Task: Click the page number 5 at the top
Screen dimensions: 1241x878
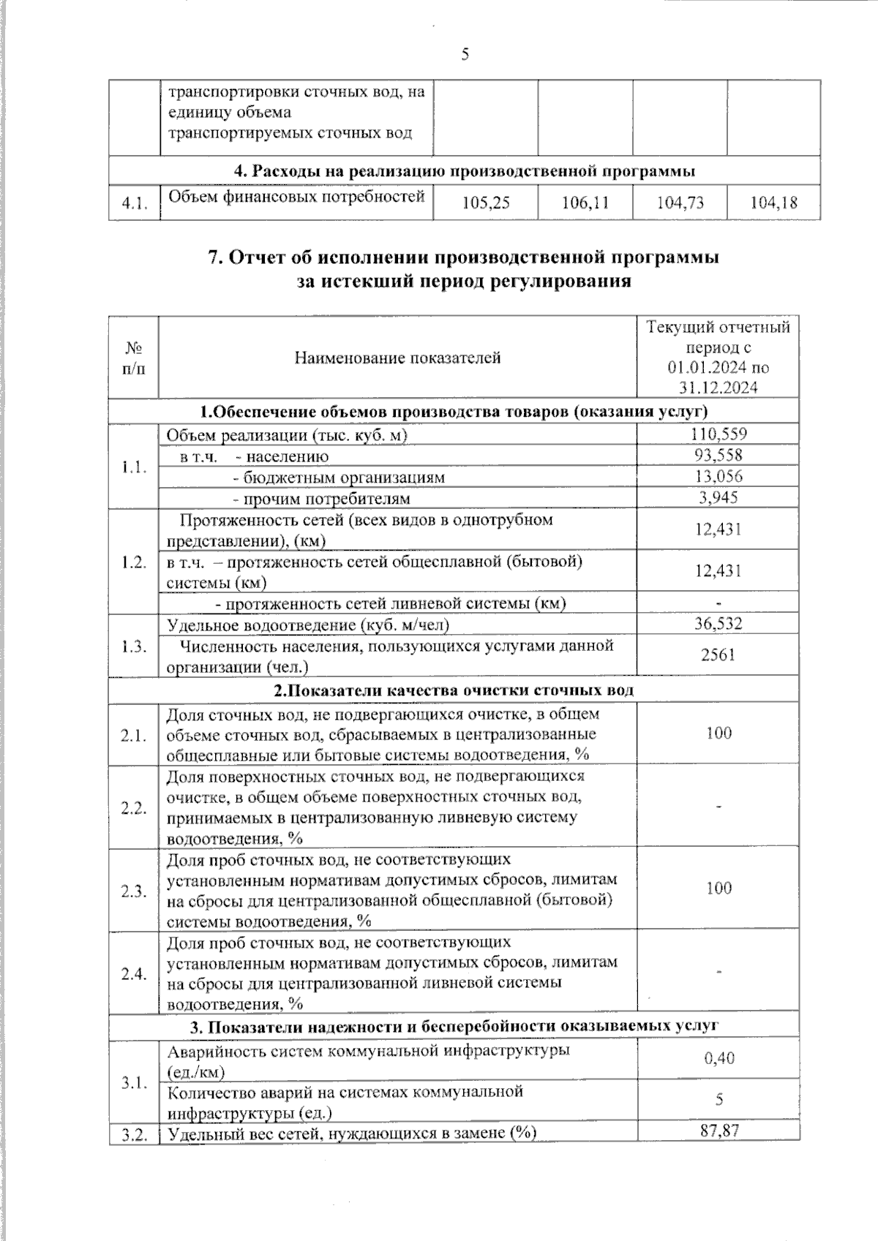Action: click(465, 55)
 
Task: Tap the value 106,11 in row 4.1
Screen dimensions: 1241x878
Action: click(585, 203)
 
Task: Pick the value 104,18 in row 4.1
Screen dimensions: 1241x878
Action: click(773, 203)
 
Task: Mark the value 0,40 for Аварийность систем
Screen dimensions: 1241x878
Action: click(718, 1058)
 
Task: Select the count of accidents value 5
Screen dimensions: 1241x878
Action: click(718, 1100)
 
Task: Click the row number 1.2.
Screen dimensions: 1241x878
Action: click(134, 562)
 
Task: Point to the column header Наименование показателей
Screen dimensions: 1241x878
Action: click(397, 358)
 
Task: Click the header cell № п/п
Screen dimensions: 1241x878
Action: click(134, 357)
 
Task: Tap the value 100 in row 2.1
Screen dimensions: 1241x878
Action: click(718, 733)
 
